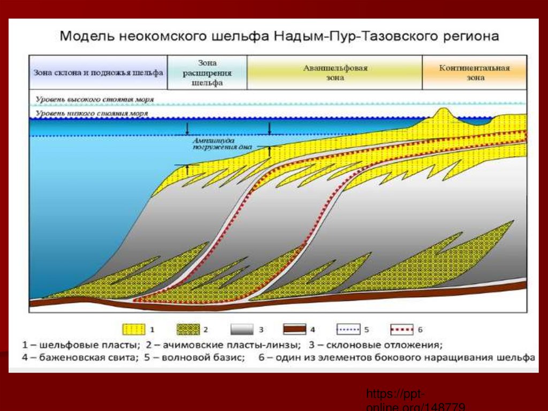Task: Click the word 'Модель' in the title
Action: click(86, 38)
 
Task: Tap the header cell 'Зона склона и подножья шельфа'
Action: click(98, 72)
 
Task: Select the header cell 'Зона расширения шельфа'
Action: click(207, 73)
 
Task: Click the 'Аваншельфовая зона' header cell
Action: click(335, 73)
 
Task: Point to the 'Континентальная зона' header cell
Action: click(475, 73)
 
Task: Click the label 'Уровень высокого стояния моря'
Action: click(95, 100)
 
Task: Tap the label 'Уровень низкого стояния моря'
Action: click(92, 114)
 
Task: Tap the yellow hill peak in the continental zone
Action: click(442, 111)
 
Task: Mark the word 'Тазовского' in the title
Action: click(390, 38)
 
